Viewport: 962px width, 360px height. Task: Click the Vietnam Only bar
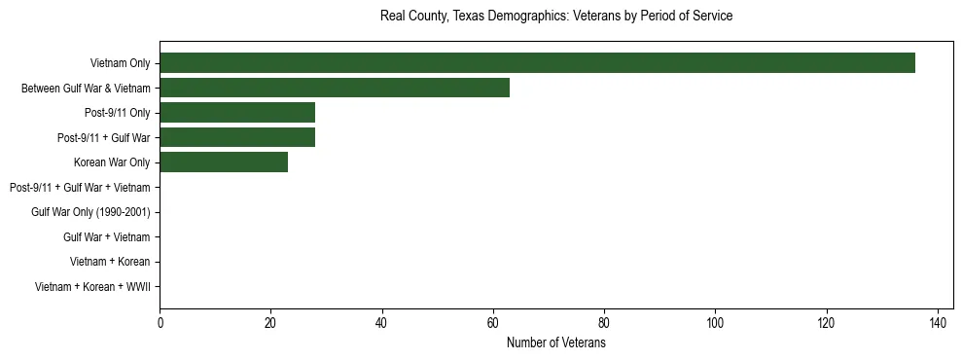(537, 63)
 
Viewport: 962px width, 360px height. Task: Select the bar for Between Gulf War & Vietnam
(335, 88)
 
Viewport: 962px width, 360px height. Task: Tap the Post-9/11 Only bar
(237, 113)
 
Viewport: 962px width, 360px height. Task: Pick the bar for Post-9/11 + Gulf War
(237, 137)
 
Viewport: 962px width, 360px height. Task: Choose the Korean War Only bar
(224, 162)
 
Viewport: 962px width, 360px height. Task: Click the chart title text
(555, 17)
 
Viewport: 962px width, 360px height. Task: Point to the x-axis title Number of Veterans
(555, 343)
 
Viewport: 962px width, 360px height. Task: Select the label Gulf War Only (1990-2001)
(90, 212)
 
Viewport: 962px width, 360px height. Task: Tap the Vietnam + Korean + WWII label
(92, 287)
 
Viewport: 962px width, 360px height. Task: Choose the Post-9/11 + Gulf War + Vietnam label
(80, 187)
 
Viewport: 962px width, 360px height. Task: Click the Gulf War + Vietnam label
(106, 237)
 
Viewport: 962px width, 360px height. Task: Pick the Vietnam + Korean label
(110, 262)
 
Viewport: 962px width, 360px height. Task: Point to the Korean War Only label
(112, 162)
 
